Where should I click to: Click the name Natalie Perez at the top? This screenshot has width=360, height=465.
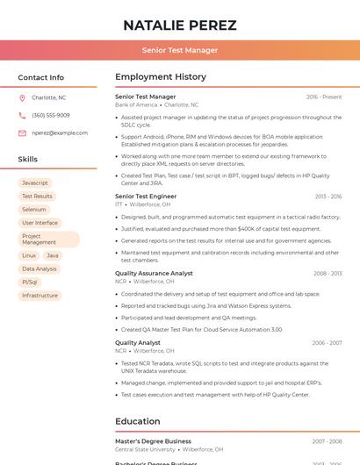click(180, 25)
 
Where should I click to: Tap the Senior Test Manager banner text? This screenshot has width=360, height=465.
click(180, 50)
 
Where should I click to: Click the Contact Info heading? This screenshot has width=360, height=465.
click(40, 77)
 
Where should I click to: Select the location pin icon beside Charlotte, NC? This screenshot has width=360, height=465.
click(22, 98)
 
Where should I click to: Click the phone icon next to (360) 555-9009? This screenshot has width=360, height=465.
click(22, 116)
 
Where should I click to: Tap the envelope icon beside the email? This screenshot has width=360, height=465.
click(22, 133)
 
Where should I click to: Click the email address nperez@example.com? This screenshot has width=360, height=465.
click(60, 133)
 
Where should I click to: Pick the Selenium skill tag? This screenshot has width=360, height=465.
click(34, 210)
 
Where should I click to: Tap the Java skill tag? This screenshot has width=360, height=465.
click(53, 255)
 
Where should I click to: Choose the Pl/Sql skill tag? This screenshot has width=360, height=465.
click(30, 283)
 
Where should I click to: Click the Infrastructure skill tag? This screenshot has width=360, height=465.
click(40, 296)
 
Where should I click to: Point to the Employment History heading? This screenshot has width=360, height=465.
click(160, 77)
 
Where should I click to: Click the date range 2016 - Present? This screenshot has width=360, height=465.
click(324, 97)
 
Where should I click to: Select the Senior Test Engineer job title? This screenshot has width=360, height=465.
click(146, 197)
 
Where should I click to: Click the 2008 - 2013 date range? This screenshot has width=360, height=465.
click(328, 274)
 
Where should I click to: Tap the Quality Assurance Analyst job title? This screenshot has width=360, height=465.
click(154, 273)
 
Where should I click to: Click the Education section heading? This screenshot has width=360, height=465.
click(137, 421)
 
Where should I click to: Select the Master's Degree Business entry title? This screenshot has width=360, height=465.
click(153, 441)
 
